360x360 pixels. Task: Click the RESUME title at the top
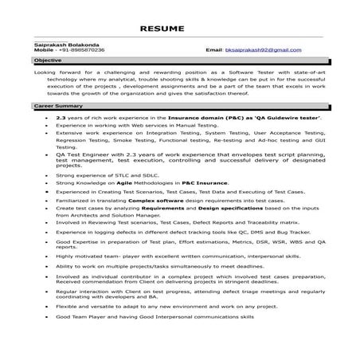tap(179, 29)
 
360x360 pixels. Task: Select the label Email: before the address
tap(213, 49)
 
